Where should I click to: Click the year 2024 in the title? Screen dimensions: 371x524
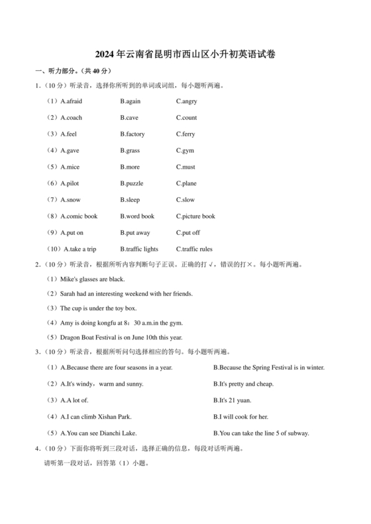click(105, 55)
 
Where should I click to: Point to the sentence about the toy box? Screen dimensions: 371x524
click(98, 308)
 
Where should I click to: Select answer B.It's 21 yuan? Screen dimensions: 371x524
click(233, 400)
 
